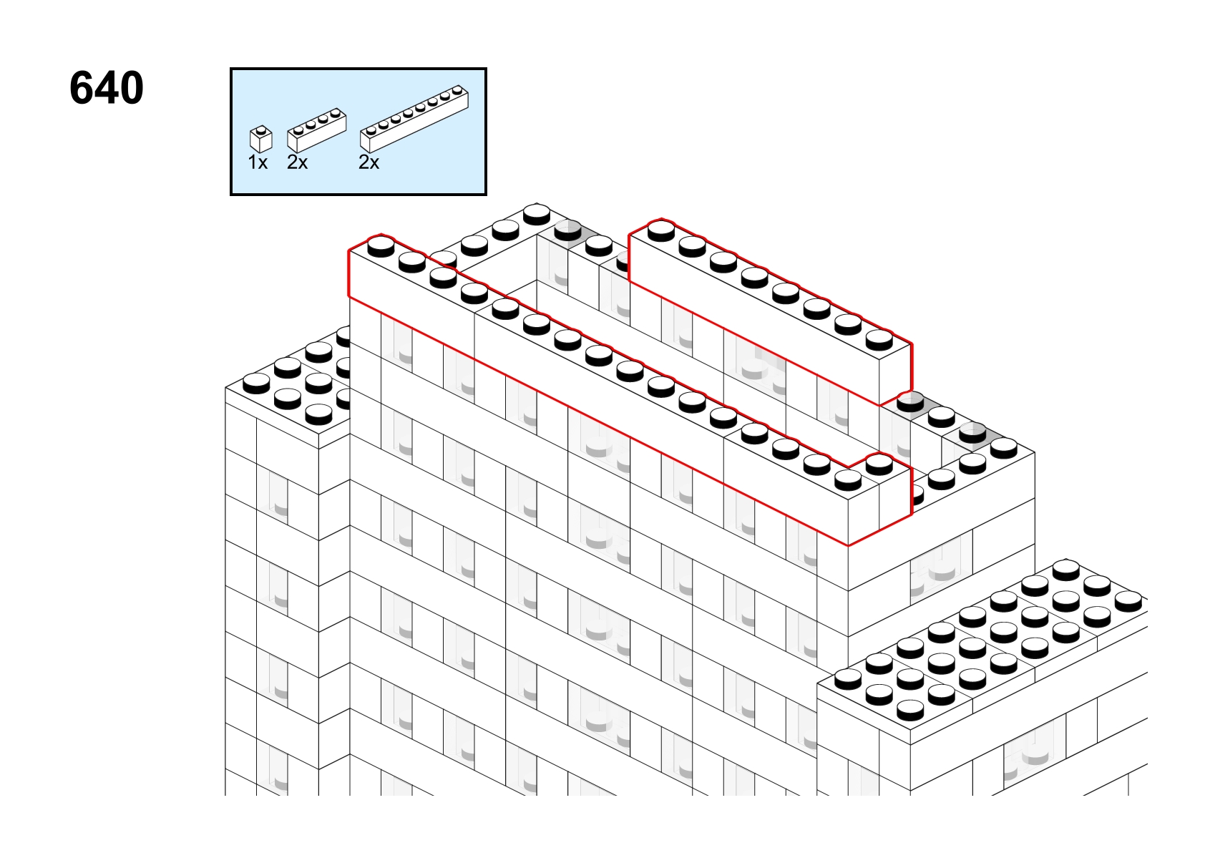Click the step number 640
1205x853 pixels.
(107, 88)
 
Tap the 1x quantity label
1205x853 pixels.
(258, 162)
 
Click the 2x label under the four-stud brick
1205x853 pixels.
(297, 162)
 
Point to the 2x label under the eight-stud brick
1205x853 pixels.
(369, 162)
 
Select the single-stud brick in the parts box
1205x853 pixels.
(261, 139)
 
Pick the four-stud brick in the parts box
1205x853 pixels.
(317, 130)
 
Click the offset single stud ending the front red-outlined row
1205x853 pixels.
(879, 464)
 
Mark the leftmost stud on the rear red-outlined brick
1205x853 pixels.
(661, 230)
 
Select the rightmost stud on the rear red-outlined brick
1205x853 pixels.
(879, 339)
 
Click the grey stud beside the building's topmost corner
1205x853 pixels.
(568, 230)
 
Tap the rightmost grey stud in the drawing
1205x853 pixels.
(972, 432)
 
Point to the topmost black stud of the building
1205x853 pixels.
(537, 214)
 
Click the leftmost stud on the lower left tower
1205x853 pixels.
(256, 383)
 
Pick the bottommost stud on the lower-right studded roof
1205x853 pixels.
(910, 709)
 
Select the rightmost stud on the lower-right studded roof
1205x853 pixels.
(1128, 601)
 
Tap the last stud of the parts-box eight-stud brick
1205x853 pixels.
(458, 91)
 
